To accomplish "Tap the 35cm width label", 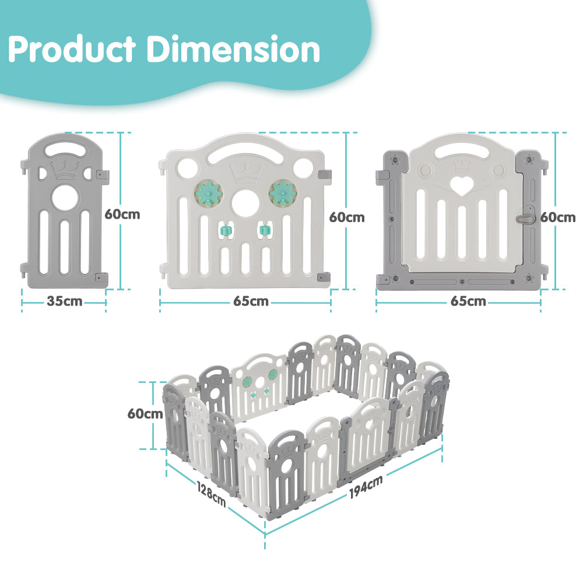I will [64, 301].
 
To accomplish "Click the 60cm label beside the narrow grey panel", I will [122, 214].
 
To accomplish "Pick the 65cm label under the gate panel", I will [468, 301].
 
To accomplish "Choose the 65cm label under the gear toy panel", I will [251, 301].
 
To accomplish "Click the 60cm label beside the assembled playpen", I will [145, 413].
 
